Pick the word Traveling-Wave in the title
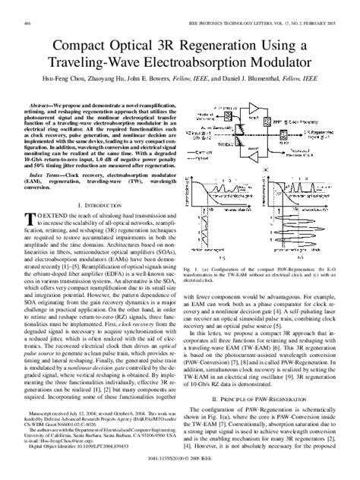coord(117,43)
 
